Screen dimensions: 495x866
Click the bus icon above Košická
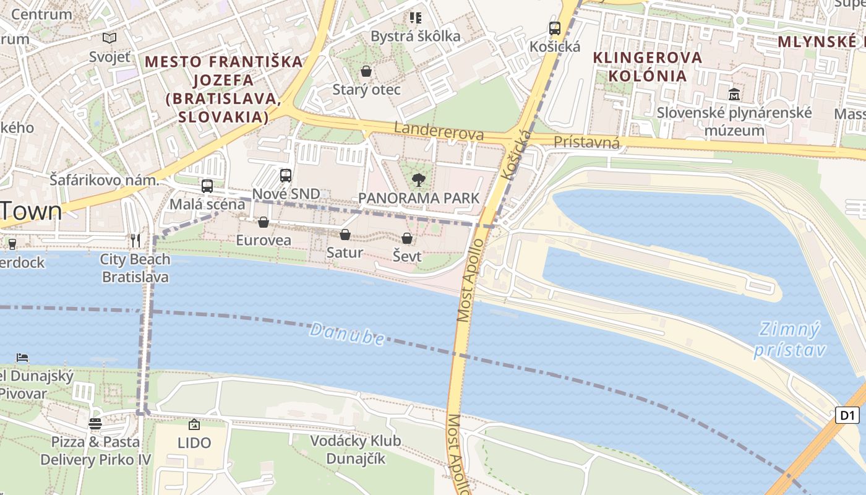(x=555, y=28)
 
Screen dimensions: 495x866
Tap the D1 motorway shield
(x=847, y=415)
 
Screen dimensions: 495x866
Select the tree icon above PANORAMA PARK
(x=419, y=180)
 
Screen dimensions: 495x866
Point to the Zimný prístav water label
(x=790, y=340)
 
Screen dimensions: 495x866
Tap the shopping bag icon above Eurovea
(x=264, y=222)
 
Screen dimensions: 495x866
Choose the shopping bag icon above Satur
(x=345, y=235)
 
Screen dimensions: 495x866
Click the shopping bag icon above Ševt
(x=407, y=238)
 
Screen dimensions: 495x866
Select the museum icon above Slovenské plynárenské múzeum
(x=734, y=95)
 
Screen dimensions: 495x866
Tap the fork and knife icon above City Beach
(x=135, y=240)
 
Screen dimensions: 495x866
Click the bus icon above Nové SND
(x=286, y=175)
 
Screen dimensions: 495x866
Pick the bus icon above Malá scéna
(x=207, y=186)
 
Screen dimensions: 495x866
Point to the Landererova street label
(x=439, y=131)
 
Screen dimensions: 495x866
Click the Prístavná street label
(x=586, y=142)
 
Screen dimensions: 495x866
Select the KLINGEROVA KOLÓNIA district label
(x=648, y=66)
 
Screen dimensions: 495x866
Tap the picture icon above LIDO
(x=194, y=424)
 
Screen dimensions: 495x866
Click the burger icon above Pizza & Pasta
(x=95, y=424)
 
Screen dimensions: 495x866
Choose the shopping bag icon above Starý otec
(x=366, y=71)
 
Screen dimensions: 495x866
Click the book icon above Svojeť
(x=109, y=38)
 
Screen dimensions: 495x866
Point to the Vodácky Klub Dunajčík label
(x=355, y=450)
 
